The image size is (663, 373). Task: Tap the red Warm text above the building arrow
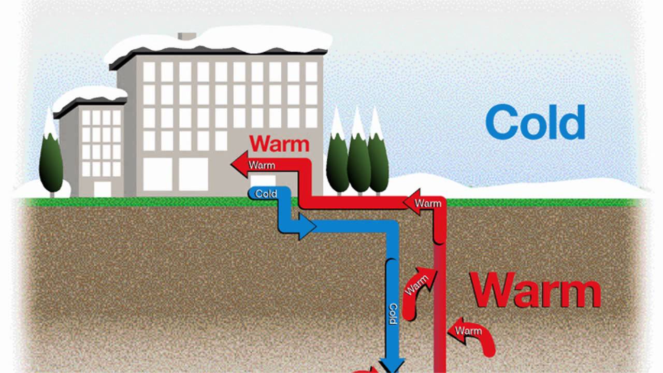coord(279,144)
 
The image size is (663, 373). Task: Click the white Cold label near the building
coord(266,194)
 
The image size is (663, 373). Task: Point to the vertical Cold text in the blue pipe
coord(393,313)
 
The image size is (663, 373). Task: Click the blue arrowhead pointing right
coord(307,227)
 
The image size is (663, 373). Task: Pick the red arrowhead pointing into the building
coord(239,165)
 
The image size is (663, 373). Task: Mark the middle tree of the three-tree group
coord(358,155)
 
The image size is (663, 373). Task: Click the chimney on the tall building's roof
coord(186,36)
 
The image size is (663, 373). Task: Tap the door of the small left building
coord(102,189)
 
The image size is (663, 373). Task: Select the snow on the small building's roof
coord(89,94)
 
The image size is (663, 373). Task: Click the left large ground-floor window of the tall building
coord(157,174)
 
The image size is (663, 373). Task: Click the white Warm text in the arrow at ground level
coord(428,204)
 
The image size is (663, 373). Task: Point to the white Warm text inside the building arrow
coord(262,165)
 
